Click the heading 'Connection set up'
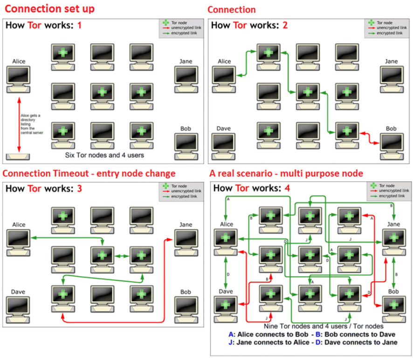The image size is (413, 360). tap(49, 9)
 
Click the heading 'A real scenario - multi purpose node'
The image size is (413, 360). tap(286, 173)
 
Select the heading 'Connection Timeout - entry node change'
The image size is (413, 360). tap(89, 173)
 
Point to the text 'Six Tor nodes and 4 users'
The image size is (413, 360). tap(103, 155)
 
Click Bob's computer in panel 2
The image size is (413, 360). tap(392, 145)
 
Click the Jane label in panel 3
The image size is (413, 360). tap(186, 224)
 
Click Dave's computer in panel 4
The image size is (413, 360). tap(226, 308)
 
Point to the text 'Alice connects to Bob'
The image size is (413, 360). tap(269, 334)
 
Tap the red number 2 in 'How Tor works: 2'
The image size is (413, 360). tap(285, 25)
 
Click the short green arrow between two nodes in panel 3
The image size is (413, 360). tap(121, 256)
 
